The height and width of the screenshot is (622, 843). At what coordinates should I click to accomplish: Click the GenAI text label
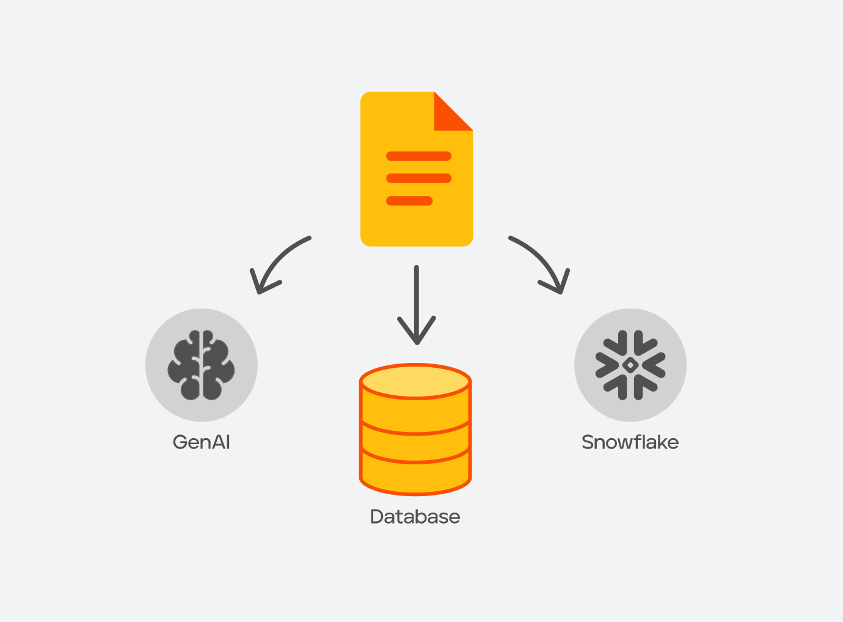201,442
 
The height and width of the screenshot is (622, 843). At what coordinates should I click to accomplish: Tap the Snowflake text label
630,442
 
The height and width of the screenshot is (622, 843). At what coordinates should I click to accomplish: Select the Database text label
415,516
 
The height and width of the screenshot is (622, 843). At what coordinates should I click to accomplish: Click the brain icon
201,365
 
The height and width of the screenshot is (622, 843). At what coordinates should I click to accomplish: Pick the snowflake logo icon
630,365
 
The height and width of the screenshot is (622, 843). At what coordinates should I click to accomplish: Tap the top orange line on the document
418,156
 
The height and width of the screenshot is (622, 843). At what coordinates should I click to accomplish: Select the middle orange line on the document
418,178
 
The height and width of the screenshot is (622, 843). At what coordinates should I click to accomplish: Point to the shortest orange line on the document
409,201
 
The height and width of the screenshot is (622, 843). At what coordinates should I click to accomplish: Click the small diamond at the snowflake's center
630,365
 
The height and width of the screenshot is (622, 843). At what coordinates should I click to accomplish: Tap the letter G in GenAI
180,442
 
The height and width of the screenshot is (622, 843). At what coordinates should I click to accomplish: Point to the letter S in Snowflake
588,442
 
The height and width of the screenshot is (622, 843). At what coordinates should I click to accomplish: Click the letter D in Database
378,516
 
